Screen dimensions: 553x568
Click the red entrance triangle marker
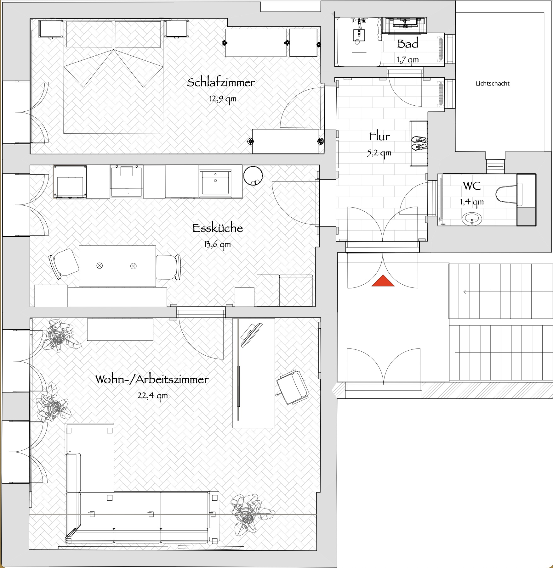[x=383, y=281]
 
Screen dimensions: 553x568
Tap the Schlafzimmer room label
[x=221, y=82]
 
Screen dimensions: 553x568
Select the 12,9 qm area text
[x=223, y=99]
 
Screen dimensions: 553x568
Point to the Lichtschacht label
[x=493, y=83]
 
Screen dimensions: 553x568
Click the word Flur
[x=379, y=136]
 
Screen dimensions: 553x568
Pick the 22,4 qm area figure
[x=152, y=396]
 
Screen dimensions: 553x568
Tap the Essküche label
[x=218, y=228]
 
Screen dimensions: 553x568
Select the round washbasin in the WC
[x=472, y=219]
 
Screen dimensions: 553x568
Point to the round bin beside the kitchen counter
[x=253, y=175]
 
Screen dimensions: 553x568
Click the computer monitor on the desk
[x=251, y=335]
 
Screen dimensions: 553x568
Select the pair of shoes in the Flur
[x=419, y=143]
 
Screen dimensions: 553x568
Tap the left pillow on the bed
[x=89, y=34]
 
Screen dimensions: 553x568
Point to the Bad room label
[x=408, y=44]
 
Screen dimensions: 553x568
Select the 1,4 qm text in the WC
[x=472, y=202]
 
